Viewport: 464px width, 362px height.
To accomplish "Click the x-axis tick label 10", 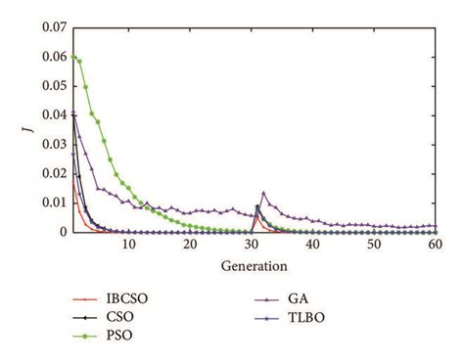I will point(128,246).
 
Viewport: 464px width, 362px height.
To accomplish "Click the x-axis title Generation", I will point(253,265).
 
